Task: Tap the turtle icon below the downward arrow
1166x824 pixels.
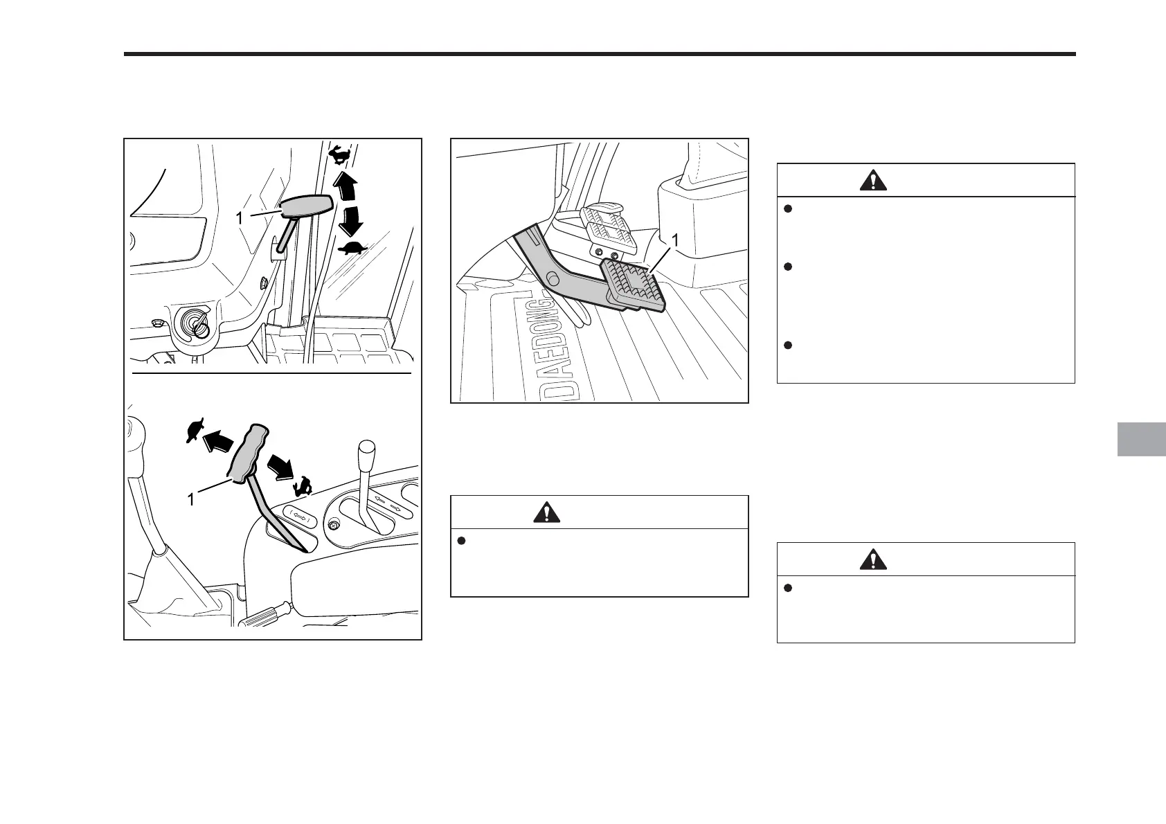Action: [352, 249]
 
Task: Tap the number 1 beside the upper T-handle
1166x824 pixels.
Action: [239, 217]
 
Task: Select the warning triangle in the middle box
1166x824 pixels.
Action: [547, 512]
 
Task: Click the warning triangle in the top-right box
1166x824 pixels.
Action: [874, 180]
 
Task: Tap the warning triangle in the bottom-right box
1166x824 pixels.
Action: [874, 559]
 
